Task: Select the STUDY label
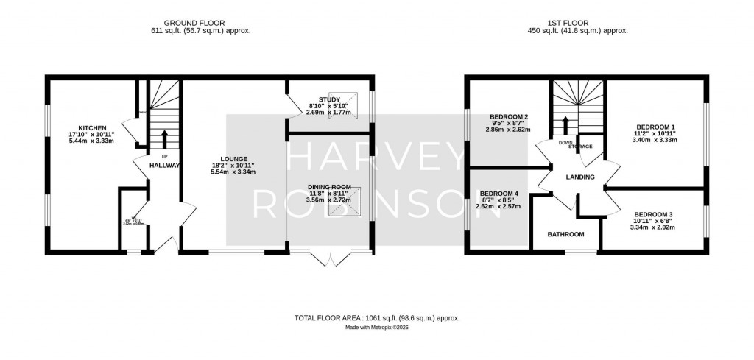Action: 329,99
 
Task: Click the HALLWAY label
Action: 165,166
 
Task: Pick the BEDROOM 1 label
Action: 656,127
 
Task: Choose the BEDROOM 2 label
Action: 509,117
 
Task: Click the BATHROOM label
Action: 565,235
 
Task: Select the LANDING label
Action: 580,177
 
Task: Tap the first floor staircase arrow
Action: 565,123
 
